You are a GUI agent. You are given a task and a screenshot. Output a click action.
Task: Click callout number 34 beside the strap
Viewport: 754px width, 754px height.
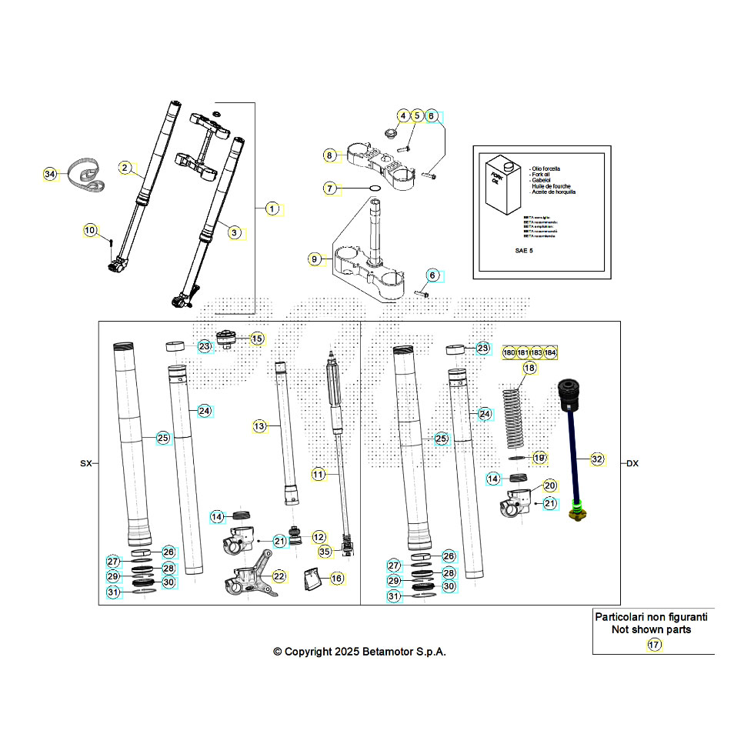(x=50, y=175)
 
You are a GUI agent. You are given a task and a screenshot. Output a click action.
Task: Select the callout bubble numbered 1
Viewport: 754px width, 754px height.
(x=272, y=209)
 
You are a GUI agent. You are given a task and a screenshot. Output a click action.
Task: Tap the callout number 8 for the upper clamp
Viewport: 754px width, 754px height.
(x=330, y=155)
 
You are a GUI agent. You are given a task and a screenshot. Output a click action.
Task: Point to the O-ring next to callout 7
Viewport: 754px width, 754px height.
(x=372, y=188)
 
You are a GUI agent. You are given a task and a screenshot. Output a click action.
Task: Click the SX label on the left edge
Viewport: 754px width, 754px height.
(x=85, y=464)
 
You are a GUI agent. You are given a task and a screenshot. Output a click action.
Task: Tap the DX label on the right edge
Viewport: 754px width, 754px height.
(x=632, y=464)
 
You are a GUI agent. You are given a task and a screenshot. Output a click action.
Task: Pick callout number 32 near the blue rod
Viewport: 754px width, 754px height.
(x=597, y=459)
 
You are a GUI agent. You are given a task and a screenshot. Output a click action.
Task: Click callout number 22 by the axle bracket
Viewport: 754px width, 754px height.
(x=279, y=576)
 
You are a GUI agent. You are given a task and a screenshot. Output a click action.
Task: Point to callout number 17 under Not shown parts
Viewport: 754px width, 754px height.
(x=654, y=645)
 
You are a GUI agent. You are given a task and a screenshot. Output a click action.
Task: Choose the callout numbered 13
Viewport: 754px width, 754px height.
(x=259, y=425)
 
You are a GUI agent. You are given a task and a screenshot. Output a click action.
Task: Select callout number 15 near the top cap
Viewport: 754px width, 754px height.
(x=256, y=338)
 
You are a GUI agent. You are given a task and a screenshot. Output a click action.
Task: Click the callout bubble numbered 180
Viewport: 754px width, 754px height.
(x=509, y=352)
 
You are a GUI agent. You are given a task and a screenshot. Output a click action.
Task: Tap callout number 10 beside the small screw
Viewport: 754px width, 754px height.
(x=90, y=230)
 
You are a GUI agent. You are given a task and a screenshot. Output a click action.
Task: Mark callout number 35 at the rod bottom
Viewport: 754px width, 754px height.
(x=325, y=551)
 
